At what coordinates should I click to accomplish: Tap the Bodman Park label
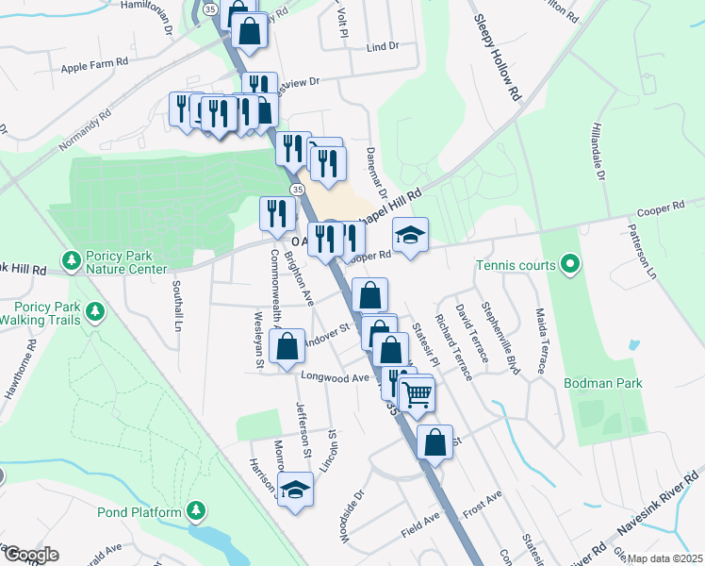[x=602, y=384]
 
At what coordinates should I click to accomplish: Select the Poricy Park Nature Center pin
[x=70, y=258]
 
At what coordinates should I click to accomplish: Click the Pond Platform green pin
[x=196, y=511]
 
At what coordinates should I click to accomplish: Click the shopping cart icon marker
[x=416, y=394]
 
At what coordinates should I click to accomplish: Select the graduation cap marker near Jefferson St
[x=296, y=490]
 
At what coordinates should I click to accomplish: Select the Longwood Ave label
[x=335, y=376]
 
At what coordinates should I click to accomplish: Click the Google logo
[x=30, y=555]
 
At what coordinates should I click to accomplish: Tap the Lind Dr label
[x=383, y=46]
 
